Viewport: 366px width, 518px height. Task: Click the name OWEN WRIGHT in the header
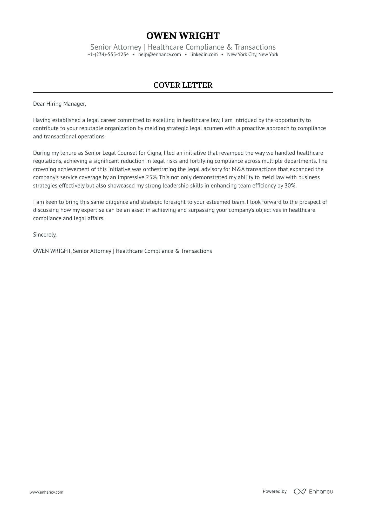pyautogui.click(x=183, y=36)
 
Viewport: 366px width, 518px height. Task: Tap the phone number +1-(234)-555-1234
pyautogui.click(x=108, y=55)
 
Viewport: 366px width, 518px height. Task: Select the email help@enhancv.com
pyautogui.click(x=159, y=55)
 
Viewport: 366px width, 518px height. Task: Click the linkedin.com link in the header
pyautogui.click(x=204, y=55)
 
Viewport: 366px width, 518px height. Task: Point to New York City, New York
pyautogui.click(x=252, y=55)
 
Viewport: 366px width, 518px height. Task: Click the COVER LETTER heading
pyautogui.click(x=183, y=85)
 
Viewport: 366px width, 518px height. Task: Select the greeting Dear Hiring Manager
pyautogui.click(x=59, y=104)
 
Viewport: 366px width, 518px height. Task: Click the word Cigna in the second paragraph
pyautogui.click(x=155, y=153)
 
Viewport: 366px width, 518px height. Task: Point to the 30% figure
pyautogui.click(x=290, y=186)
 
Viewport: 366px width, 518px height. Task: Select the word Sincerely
pyautogui.click(x=45, y=235)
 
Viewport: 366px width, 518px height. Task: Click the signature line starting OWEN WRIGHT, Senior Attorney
pyautogui.click(x=122, y=251)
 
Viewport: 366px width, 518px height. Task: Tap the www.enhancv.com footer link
pyautogui.click(x=46, y=492)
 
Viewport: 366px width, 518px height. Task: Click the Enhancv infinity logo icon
pyautogui.click(x=300, y=492)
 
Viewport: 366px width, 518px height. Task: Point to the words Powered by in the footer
pyautogui.click(x=274, y=491)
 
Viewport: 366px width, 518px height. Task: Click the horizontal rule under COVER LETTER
pyautogui.click(x=183, y=92)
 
